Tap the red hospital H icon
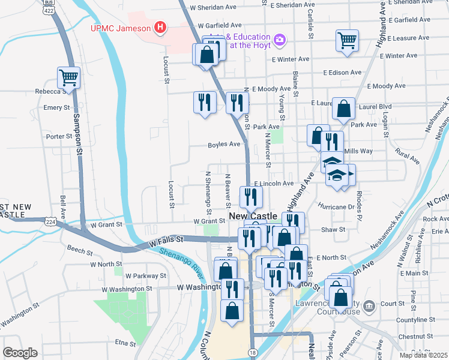click(160, 27)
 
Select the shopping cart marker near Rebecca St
click(69, 77)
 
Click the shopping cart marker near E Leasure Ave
click(347, 41)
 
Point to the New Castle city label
click(253, 216)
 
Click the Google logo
click(20, 353)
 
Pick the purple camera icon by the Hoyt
click(279, 40)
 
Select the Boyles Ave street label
click(224, 145)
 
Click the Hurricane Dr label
click(338, 206)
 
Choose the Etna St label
click(126, 343)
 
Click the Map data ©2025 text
click(423, 355)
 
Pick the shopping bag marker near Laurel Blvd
click(343, 109)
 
